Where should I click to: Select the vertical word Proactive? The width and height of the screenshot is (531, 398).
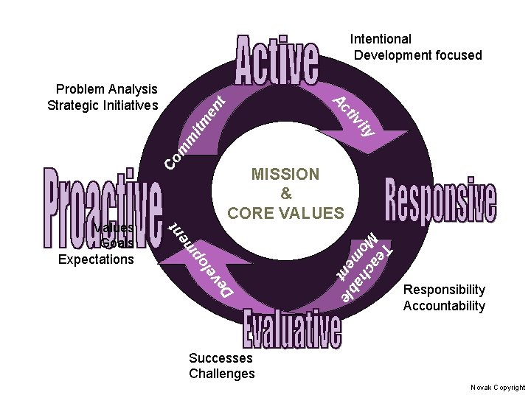(x=103, y=209)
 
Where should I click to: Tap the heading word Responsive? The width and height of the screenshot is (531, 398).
(x=440, y=200)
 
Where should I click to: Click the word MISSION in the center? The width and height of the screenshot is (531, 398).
(x=285, y=175)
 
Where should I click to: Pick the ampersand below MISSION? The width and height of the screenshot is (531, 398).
(x=286, y=194)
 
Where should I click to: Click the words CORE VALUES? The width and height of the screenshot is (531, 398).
(x=285, y=213)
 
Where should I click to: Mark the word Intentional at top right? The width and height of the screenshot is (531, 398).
(x=381, y=38)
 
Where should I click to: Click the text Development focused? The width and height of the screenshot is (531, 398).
(x=417, y=55)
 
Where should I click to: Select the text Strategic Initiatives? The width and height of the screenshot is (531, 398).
(x=103, y=105)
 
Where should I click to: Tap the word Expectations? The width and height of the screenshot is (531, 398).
(x=96, y=259)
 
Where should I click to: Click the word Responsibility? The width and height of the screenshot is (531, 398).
(x=444, y=290)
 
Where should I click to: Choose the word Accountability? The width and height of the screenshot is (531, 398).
(x=444, y=306)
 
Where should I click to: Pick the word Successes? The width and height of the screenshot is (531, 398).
(x=221, y=357)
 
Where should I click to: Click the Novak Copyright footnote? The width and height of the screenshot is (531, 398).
(x=498, y=387)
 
